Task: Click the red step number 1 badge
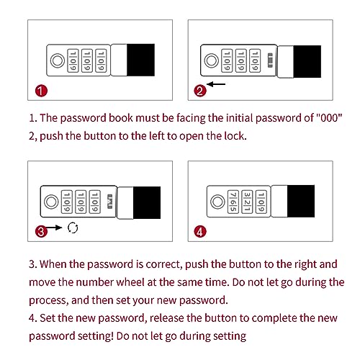[41, 91]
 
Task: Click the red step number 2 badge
[200, 91]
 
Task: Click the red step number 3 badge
[41, 232]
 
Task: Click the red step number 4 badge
[200, 232]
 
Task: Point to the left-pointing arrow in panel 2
[216, 84]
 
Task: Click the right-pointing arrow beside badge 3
[54, 228]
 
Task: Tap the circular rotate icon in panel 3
[73, 228]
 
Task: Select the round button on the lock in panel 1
[58, 60]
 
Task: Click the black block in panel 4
[301, 201]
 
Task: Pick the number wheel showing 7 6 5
[233, 202]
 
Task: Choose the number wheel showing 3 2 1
[247, 202]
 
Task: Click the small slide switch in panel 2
[270, 60]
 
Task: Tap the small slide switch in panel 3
[110, 201]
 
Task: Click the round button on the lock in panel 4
[217, 202]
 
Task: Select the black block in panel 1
[140, 60]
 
